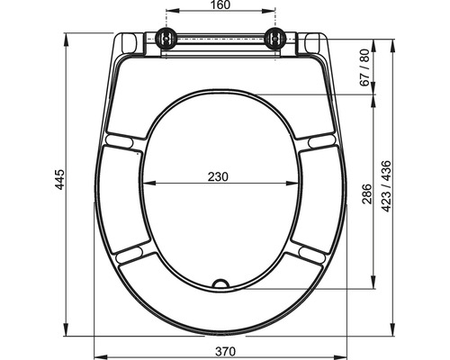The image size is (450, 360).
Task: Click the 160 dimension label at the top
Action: pyautogui.click(x=221, y=6)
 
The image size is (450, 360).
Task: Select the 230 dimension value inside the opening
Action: pyautogui.click(x=217, y=176)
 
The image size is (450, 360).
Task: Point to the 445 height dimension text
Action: pyautogui.click(x=59, y=185)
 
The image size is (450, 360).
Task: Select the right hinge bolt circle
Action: pyautogui.click(x=275, y=38)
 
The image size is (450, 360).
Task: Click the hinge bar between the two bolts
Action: pyautogui.click(x=220, y=40)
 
